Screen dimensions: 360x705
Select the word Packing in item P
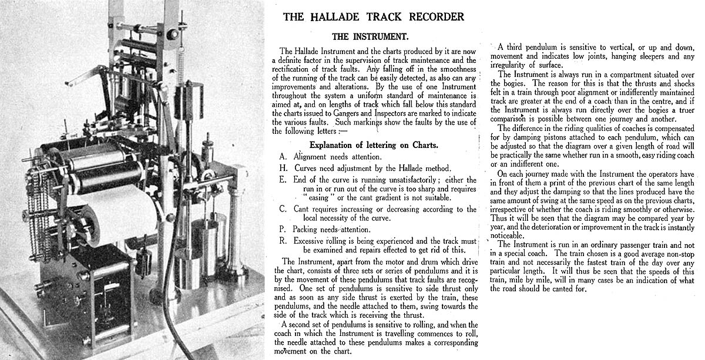308,229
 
